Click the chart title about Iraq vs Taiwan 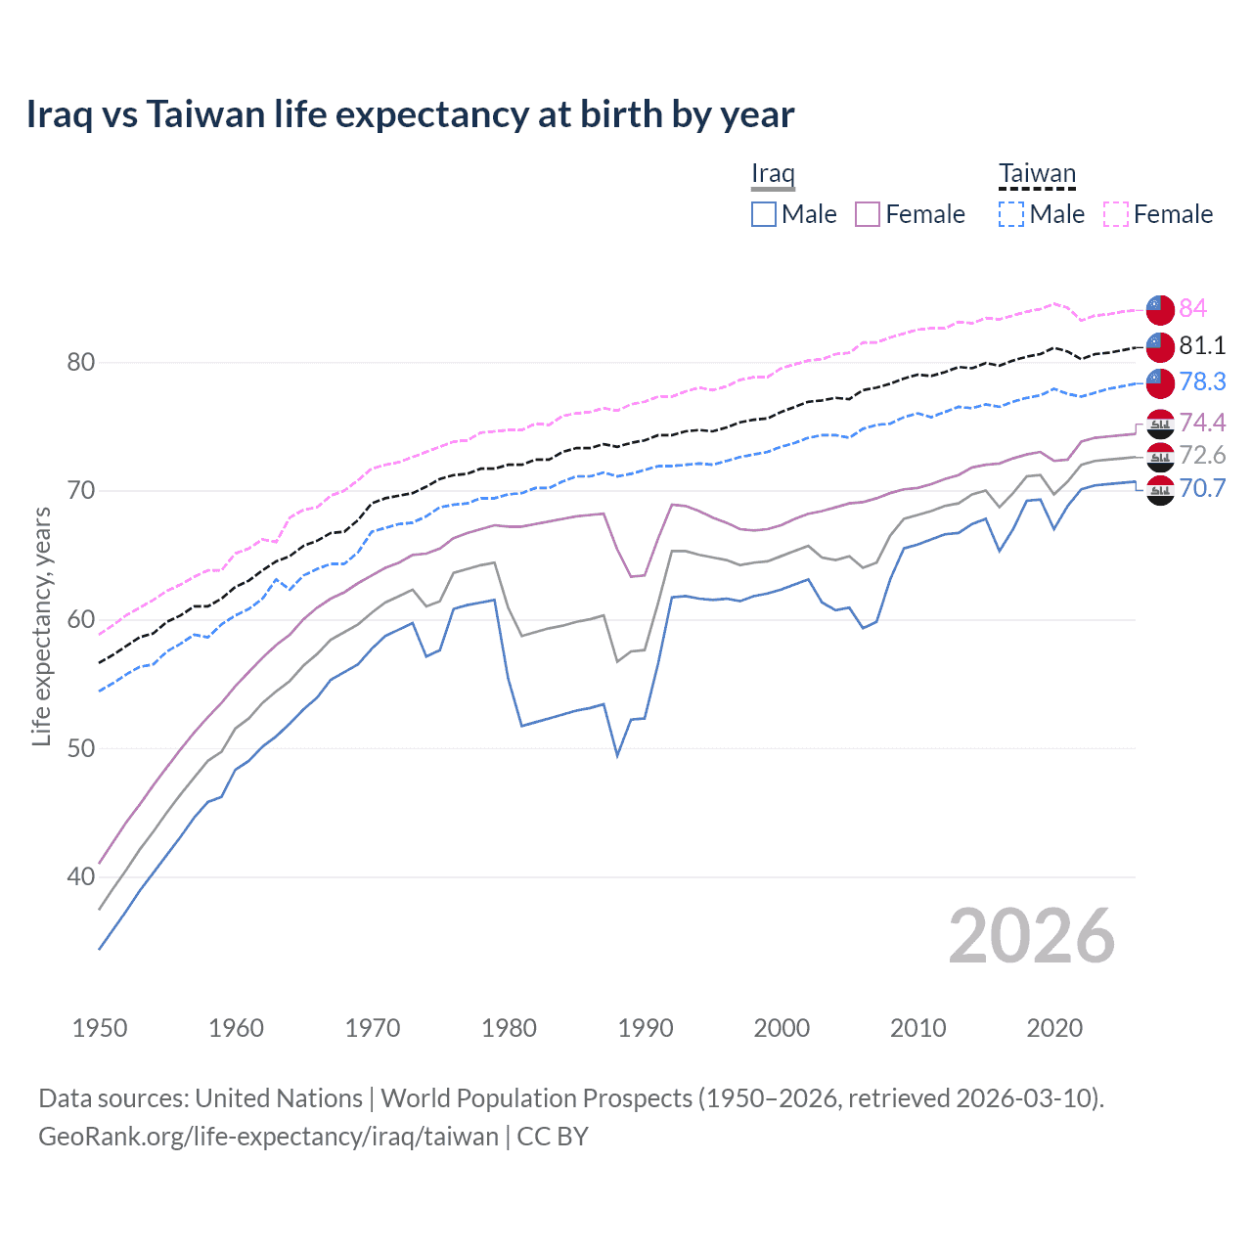pos(410,114)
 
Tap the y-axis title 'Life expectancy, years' pos(41,626)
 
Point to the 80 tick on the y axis pos(80,362)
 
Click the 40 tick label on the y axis pos(80,876)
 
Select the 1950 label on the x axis pos(100,1028)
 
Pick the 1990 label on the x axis pos(645,1028)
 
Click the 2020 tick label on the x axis pos(1054,1028)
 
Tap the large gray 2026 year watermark pos(1031,936)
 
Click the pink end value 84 pos(1192,308)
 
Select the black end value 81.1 pos(1201,345)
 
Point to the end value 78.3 pos(1201,381)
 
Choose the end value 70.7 pos(1201,488)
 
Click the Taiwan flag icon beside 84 pos(1160,309)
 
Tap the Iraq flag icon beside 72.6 pos(1160,456)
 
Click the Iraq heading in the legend pos(773,174)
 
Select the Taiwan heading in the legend pos(1037,174)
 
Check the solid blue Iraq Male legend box pos(764,214)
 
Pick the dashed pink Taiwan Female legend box pos(1116,214)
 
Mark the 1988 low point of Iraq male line pos(617,755)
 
